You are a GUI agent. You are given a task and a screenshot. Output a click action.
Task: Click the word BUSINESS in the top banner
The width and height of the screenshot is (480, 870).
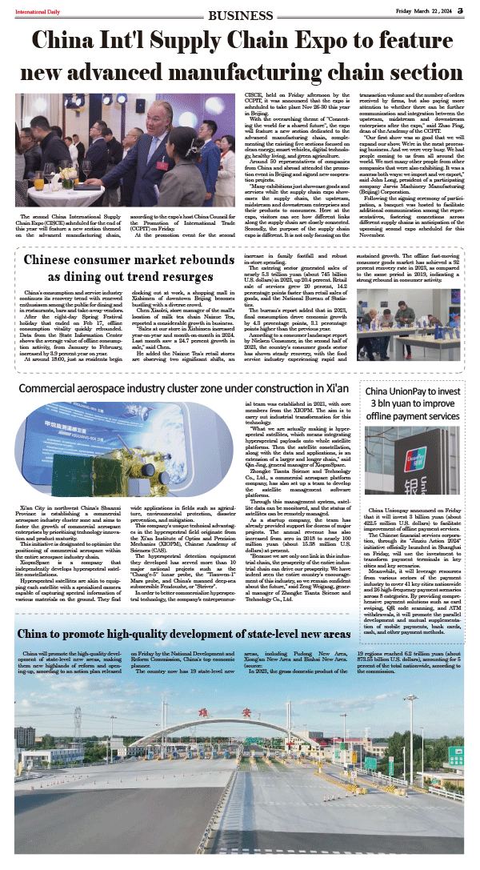click(x=239, y=14)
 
